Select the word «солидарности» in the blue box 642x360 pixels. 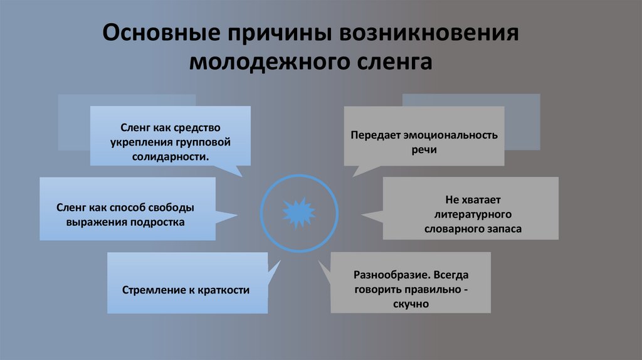[x=169, y=156]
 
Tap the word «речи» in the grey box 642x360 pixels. [x=424, y=150]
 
